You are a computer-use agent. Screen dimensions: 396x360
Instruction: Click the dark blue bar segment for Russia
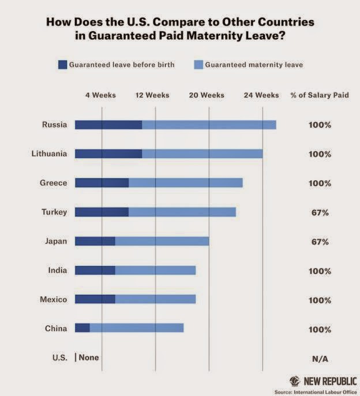[108, 125]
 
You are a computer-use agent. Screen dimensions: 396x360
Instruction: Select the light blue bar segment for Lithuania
[202, 154]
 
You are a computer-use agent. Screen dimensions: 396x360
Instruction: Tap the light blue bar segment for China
[136, 328]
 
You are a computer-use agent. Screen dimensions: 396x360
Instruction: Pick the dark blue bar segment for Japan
[95, 241]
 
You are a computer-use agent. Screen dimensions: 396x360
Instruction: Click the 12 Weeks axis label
[152, 95]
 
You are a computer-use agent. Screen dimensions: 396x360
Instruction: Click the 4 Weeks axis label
[101, 95]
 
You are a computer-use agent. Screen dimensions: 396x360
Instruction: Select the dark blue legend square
[62, 65]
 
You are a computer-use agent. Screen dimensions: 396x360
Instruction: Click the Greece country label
[54, 183]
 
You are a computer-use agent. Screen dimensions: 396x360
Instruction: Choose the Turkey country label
[54, 212]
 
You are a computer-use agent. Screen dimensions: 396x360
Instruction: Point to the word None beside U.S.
[89, 357]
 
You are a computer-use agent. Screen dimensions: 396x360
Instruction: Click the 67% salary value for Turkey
[320, 212]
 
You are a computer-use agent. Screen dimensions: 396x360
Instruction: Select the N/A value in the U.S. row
[320, 358]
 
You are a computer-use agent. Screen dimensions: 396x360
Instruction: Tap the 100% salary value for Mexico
[320, 300]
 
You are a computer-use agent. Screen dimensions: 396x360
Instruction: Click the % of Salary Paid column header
[320, 95]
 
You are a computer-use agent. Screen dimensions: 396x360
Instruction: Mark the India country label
[57, 270]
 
